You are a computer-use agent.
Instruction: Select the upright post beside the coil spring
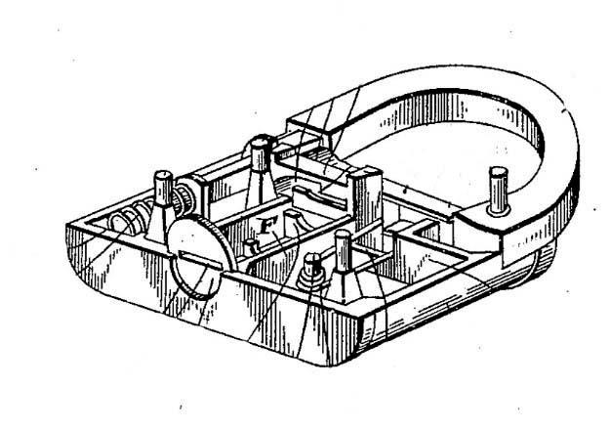click(161, 200)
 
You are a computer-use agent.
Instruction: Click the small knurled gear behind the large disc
click(182, 200)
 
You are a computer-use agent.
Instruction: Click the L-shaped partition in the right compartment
click(425, 235)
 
